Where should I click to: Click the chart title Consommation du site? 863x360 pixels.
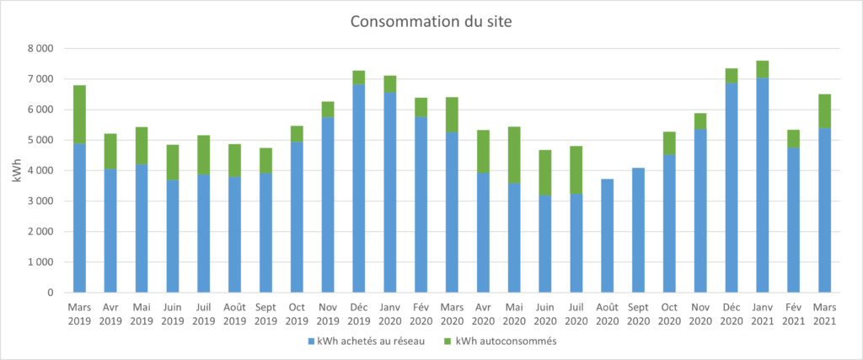[431, 22]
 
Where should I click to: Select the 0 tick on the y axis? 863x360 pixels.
[51, 293]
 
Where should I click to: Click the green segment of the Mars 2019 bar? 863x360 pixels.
[79, 114]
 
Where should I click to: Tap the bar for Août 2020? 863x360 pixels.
[606, 236]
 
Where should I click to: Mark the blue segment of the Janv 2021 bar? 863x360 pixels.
[762, 185]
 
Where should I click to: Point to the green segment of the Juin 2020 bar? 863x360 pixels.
[544, 173]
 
